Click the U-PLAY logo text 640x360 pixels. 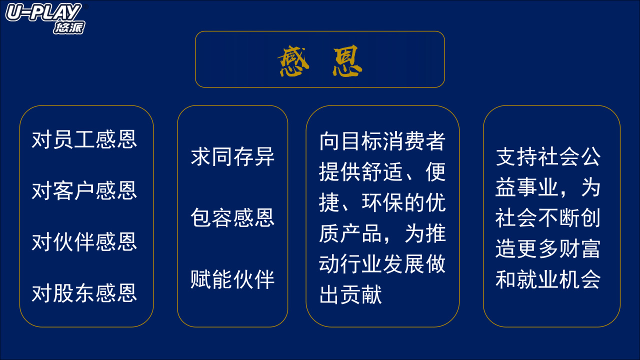[x=43, y=12]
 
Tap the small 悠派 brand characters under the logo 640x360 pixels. [x=69, y=27]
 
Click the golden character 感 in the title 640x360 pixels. [x=293, y=60]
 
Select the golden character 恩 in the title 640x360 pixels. [x=347, y=60]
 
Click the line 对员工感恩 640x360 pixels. [x=84, y=139]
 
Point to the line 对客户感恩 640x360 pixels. [x=84, y=190]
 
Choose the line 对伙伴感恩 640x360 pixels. [x=84, y=241]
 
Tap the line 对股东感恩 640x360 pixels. [x=84, y=293]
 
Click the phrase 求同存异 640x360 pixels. [x=232, y=156]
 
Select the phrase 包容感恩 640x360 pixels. [x=232, y=217]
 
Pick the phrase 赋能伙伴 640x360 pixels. [x=232, y=279]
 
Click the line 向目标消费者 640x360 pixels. [x=382, y=141]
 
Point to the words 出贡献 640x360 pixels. [x=350, y=294]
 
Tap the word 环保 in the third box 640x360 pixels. [x=382, y=202]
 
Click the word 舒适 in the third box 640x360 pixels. [x=382, y=172]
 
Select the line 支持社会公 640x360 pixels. [x=548, y=156]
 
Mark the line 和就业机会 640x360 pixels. [x=548, y=279]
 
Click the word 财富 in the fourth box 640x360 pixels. [x=579, y=248]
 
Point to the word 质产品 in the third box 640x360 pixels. [x=350, y=233]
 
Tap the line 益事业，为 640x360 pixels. [x=548, y=187]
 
